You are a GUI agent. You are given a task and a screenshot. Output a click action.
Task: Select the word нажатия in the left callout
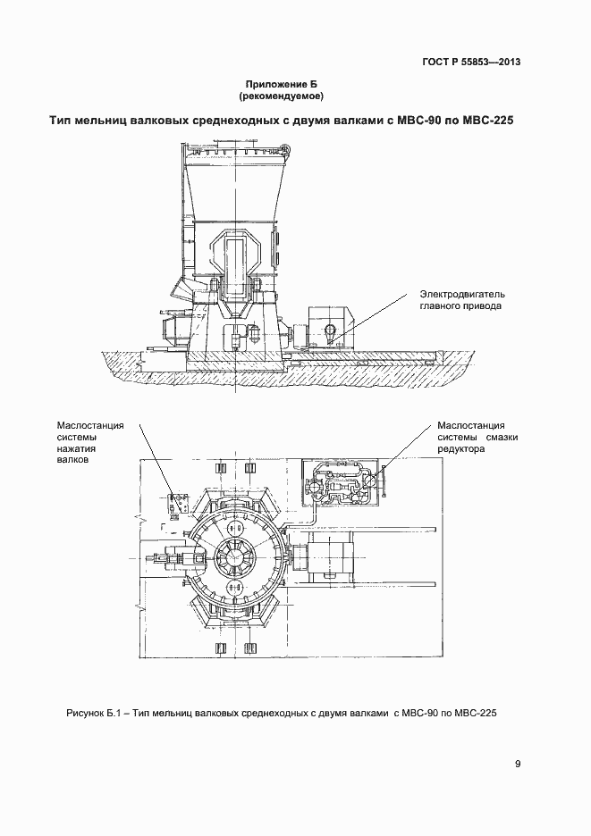[75, 450]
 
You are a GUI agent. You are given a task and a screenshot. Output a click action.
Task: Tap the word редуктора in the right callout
[461, 450]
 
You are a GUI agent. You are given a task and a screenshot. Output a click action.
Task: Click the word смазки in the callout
[499, 438]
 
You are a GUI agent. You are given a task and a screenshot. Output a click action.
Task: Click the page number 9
[519, 764]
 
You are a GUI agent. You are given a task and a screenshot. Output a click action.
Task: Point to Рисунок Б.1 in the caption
[93, 713]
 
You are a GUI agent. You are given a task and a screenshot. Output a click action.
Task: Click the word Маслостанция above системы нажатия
[89, 425]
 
